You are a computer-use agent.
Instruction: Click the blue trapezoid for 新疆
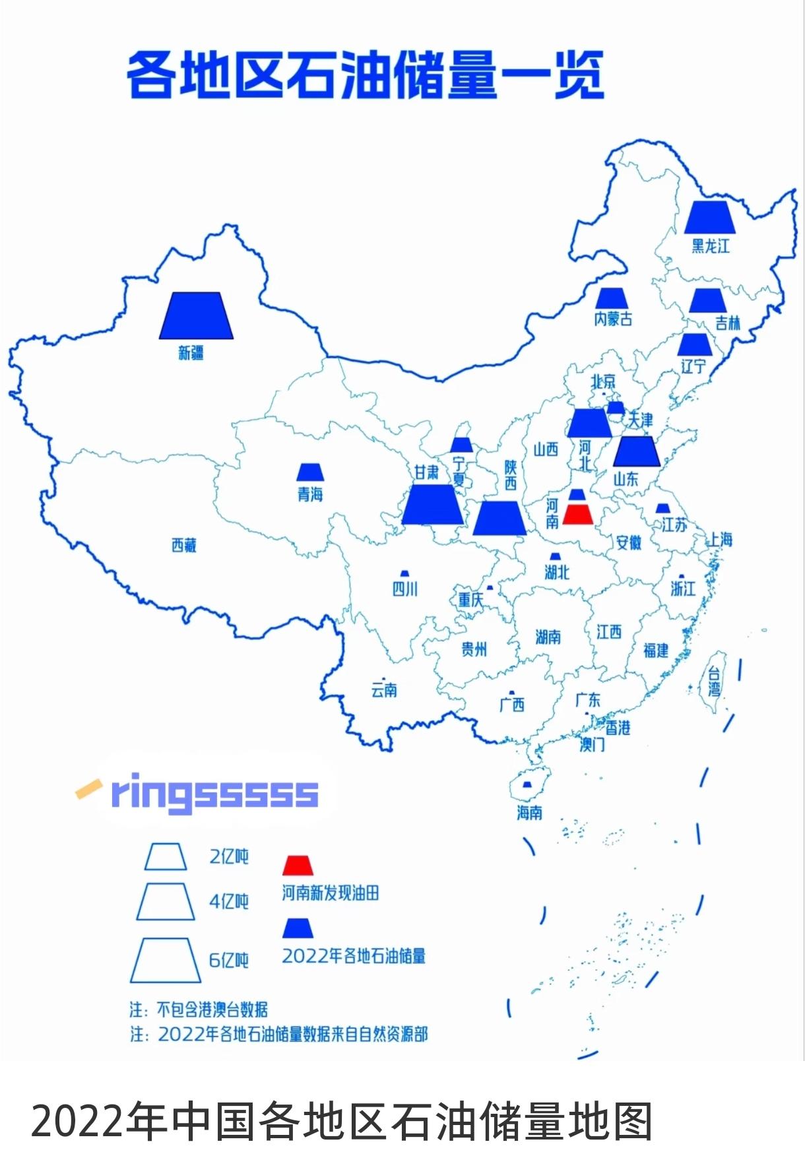(x=196, y=316)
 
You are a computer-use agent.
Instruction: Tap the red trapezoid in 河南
(x=578, y=515)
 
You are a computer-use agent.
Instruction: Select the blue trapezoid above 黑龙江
(x=709, y=217)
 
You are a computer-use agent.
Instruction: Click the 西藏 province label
(x=184, y=546)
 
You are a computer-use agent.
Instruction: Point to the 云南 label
(x=384, y=690)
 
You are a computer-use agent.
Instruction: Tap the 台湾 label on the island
(x=714, y=682)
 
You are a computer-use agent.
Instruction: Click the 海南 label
(x=529, y=812)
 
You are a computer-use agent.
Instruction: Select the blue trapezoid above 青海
(x=310, y=472)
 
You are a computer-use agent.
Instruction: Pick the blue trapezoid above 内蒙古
(x=613, y=298)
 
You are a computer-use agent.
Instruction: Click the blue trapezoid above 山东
(x=636, y=452)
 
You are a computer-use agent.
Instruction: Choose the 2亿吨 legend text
(x=229, y=856)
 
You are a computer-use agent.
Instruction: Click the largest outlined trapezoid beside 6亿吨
(x=166, y=960)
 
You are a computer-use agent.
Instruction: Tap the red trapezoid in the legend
(x=298, y=866)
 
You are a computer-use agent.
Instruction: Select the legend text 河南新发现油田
(x=331, y=893)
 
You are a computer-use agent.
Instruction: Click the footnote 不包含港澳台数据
(x=211, y=1010)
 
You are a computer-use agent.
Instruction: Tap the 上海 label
(x=721, y=540)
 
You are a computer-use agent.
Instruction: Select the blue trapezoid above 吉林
(x=707, y=300)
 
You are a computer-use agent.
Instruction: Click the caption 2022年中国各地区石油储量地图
(x=341, y=1121)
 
